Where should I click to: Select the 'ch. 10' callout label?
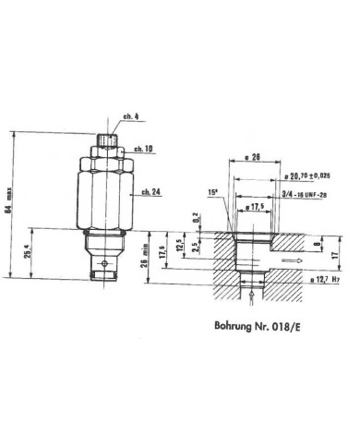(141, 149)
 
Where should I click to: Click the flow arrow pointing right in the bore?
(293, 260)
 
